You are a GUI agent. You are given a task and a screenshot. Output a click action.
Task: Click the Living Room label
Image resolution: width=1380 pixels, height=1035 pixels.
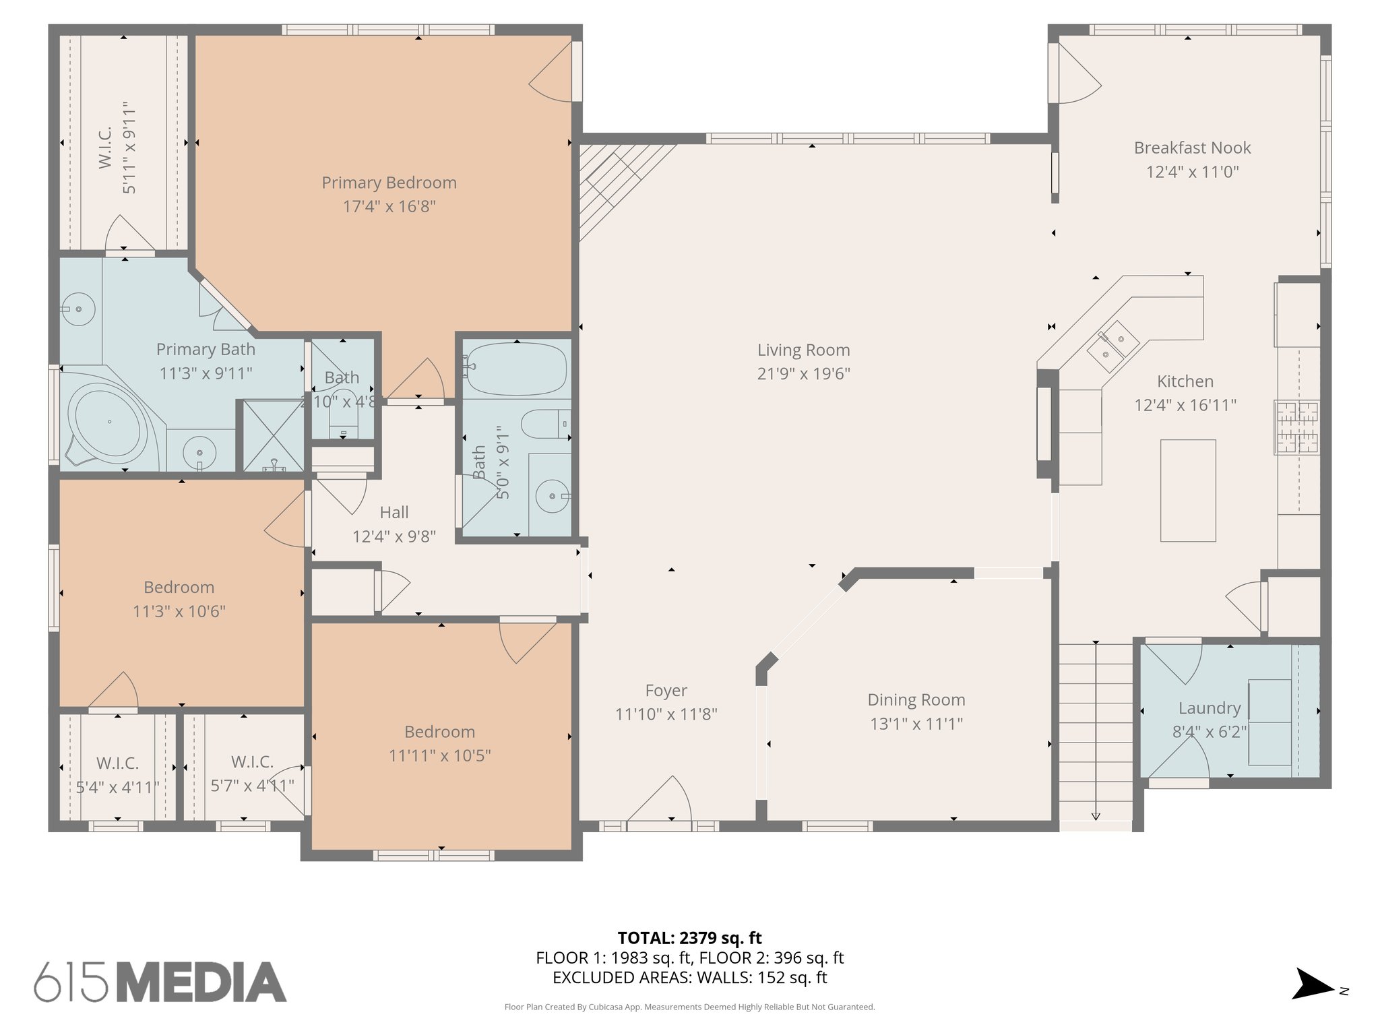[x=803, y=350]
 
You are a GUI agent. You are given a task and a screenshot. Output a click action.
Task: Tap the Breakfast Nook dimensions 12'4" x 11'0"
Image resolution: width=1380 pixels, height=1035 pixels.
[x=1192, y=172]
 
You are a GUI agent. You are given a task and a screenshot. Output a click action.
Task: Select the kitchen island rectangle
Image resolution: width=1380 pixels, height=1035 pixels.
[x=1187, y=491]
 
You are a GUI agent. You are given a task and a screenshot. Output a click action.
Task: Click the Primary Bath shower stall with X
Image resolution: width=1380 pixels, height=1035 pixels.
[x=273, y=436]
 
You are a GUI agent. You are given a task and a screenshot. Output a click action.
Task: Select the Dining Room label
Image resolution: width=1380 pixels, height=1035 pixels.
[x=916, y=700]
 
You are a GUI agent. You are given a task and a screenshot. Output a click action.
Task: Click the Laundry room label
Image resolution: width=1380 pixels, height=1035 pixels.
[x=1210, y=708]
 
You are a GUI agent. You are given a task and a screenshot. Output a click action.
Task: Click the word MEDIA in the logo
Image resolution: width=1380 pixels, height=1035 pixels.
[x=202, y=982]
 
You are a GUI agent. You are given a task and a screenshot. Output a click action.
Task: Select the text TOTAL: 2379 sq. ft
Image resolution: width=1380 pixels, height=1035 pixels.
[x=689, y=938]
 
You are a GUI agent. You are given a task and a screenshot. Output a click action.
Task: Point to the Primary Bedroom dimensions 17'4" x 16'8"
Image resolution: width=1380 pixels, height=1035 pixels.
[x=389, y=206]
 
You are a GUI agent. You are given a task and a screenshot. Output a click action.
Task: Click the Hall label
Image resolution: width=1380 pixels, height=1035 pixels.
[x=394, y=512]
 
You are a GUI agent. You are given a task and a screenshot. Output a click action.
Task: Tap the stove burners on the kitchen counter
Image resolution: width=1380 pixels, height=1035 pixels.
[x=1296, y=427]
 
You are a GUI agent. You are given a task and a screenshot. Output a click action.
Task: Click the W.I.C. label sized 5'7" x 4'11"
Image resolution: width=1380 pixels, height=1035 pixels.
[x=252, y=762]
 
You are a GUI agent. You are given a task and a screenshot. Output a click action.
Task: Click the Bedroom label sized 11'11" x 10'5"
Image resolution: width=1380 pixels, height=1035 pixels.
[x=439, y=732]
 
